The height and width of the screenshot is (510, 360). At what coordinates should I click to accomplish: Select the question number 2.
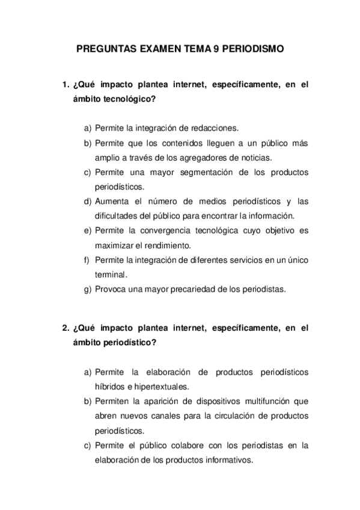(66, 328)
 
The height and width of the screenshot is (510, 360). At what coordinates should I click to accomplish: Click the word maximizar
(114, 245)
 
